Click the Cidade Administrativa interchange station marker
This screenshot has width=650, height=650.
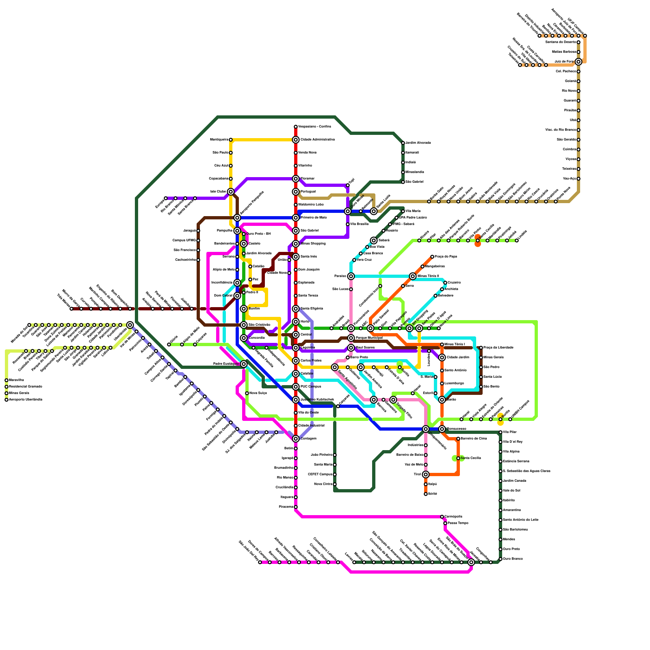pos(296,140)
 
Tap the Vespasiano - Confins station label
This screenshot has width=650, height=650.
pos(314,127)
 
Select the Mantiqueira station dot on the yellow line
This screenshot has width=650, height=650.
pos(231,140)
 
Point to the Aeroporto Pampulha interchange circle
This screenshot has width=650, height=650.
pos(237,218)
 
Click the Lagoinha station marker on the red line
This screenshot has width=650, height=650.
pos(296,348)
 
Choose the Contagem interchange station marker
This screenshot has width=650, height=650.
pos(296,439)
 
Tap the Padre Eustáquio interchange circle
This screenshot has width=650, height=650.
pos(244,364)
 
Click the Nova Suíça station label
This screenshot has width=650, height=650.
pos(258,393)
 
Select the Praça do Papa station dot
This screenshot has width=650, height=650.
pos(432,257)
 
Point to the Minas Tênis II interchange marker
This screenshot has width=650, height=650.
pos(413,276)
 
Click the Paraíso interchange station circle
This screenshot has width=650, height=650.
pos(351,276)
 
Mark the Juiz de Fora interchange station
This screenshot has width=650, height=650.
pos(578,62)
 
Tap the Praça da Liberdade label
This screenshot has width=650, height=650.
pos(498,348)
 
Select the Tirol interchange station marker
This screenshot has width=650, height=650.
pos(426,474)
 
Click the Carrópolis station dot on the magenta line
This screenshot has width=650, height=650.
pos(442,517)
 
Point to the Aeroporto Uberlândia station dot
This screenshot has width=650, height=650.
pos(6,400)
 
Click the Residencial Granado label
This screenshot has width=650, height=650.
pos(25,387)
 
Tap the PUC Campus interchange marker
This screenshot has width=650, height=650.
pos(296,387)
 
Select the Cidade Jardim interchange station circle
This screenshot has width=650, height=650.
pos(442,357)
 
